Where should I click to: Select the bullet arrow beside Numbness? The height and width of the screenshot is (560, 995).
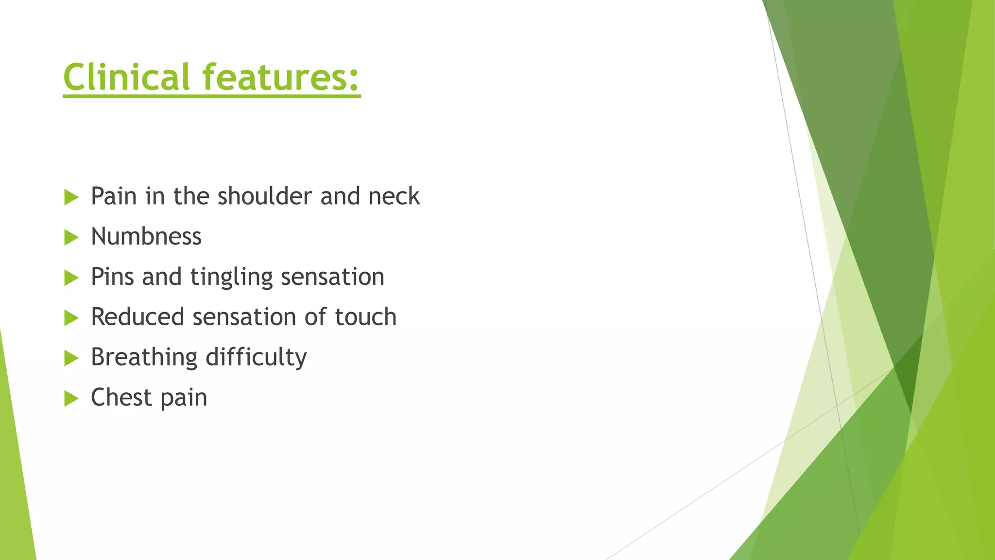(71, 238)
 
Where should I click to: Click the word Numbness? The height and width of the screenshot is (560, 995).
(146, 237)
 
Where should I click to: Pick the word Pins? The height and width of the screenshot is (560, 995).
(112, 277)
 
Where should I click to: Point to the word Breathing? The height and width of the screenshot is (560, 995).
(144, 358)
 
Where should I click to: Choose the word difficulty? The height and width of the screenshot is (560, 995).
(256, 358)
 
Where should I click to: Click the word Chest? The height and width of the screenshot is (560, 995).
(121, 397)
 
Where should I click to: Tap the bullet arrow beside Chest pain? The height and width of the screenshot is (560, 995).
(71, 399)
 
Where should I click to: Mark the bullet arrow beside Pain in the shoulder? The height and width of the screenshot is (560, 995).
(71, 197)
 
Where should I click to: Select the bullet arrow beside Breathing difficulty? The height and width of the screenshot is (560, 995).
(71, 359)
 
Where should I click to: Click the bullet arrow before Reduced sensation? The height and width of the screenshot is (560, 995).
(71, 318)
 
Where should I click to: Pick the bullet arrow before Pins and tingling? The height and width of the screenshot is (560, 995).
(71, 278)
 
